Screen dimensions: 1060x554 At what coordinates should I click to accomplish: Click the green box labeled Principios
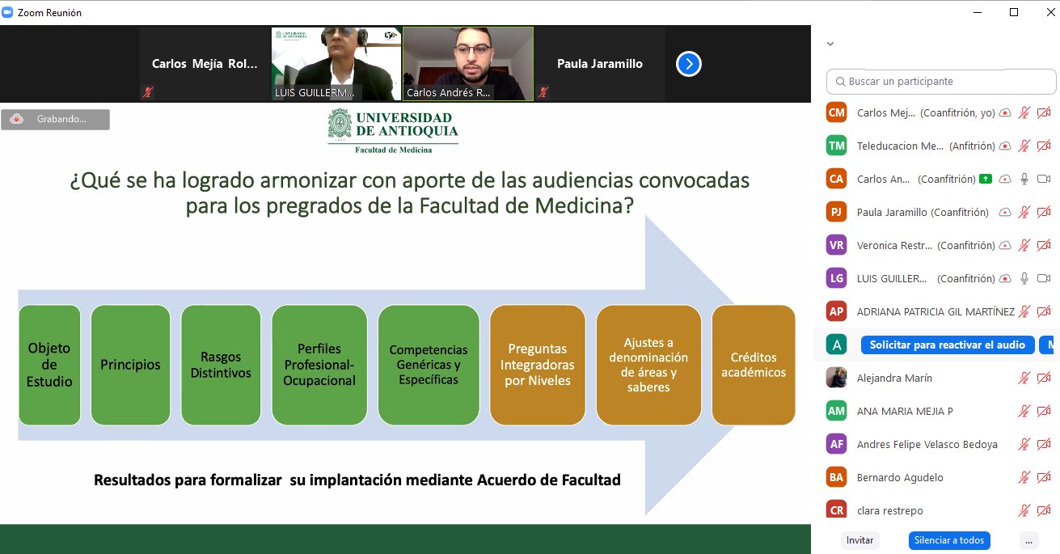(x=131, y=365)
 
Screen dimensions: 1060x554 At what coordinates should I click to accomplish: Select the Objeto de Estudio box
(x=49, y=365)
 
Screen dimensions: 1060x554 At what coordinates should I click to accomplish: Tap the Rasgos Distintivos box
(x=221, y=365)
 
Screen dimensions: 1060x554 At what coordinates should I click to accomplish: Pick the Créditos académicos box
(x=754, y=365)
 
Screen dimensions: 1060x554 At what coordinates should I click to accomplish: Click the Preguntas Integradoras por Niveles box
(x=538, y=365)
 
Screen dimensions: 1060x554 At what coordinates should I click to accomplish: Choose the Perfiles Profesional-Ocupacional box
(x=319, y=365)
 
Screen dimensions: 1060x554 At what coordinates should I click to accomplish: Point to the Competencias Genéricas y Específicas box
(x=429, y=365)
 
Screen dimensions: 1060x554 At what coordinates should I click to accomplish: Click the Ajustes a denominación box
(x=648, y=365)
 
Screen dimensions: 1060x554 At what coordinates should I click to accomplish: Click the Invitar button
(x=859, y=540)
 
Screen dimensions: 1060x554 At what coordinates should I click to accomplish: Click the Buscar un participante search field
(x=941, y=82)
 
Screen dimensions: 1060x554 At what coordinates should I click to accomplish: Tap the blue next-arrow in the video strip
(x=689, y=64)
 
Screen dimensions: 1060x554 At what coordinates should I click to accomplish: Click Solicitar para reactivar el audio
(x=948, y=345)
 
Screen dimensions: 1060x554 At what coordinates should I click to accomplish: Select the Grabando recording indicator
(x=55, y=120)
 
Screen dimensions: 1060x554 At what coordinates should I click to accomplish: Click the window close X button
(x=1050, y=12)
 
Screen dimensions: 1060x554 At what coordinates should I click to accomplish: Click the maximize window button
(x=1014, y=12)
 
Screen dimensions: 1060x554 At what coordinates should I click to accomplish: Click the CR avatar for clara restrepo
(x=836, y=510)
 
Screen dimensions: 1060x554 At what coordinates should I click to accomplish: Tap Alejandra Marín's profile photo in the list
(x=836, y=378)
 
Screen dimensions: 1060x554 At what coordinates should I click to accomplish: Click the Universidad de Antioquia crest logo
(x=340, y=124)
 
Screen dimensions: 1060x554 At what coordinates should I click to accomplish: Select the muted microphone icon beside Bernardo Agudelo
(x=1024, y=477)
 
